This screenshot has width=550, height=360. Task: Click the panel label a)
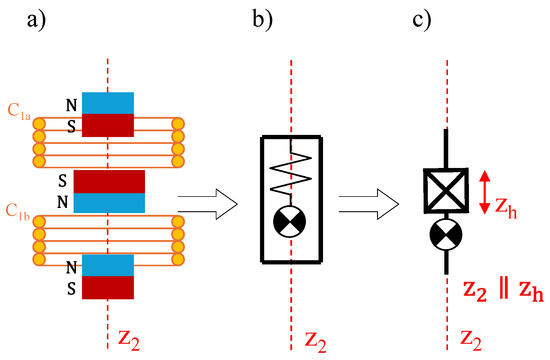pos(36,20)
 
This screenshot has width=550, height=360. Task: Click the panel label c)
pos(421,20)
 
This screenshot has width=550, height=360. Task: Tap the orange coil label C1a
pos(19,113)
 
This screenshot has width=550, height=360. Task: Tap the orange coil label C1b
pos(18,212)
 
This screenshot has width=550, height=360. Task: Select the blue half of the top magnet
pos(108,103)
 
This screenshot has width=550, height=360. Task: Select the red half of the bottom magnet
pos(108,287)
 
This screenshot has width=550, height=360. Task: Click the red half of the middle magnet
pos(109,182)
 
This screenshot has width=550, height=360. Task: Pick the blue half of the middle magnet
pos(109,203)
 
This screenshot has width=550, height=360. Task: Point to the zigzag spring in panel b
pos(291,172)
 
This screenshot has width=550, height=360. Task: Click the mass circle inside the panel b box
pos(289,222)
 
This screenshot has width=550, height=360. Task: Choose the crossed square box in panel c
pos(446,191)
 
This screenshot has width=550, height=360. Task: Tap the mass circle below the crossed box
pos(446,234)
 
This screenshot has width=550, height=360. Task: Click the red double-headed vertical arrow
pos(484,192)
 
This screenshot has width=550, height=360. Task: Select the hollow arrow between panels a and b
pos(208,204)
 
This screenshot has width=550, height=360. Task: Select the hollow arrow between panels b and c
pos(369,204)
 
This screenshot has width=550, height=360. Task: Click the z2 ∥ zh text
pos(504,291)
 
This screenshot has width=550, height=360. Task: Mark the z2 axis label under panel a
pos(129,339)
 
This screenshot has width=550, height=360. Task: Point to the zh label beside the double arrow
pos(506,208)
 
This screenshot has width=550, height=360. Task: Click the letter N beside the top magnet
pos(72,105)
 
